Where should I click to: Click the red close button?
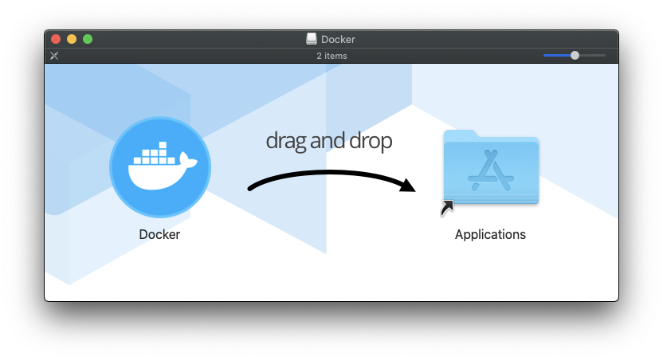(56, 39)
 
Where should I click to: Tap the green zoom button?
(88, 39)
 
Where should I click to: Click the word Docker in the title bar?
(338, 39)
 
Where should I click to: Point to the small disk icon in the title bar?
(312, 39)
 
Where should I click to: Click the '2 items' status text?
(331, 56)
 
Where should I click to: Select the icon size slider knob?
(575, 55)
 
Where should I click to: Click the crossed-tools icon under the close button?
(54, 56)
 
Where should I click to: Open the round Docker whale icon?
(160, 167)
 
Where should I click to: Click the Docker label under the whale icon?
(159, 234)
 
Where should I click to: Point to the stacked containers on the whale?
(157, 155)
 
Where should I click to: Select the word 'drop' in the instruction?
(371, 141)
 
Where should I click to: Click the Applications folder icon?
(491, 167)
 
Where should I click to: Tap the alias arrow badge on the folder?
(447, 208)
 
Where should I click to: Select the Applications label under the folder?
(490, 234)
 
